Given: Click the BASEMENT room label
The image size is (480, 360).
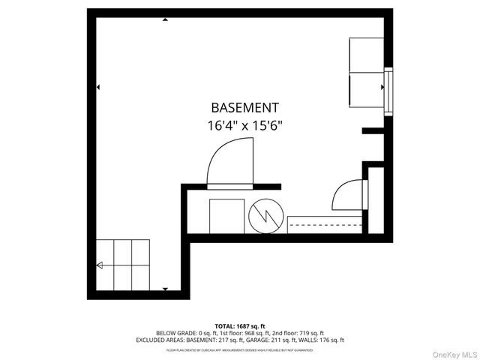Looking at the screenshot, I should point(244,108).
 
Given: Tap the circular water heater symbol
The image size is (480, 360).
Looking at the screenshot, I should point(265,217).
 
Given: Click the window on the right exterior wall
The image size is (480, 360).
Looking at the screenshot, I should point(388,89).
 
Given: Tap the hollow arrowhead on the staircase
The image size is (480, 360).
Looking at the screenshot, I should point(99,265).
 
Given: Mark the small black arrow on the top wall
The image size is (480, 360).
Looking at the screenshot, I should point(164,19).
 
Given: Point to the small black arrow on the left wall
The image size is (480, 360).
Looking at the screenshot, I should point(98,88).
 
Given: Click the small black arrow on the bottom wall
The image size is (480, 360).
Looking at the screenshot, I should point(164,289).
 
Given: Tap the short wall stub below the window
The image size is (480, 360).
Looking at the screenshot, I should point(373,131).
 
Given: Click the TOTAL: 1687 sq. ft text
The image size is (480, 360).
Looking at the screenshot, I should point(240,326).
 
